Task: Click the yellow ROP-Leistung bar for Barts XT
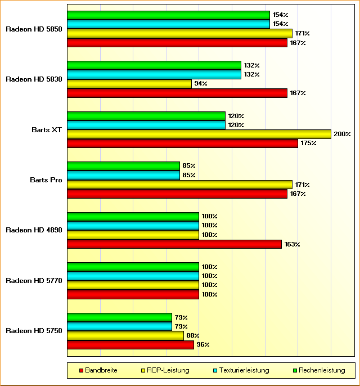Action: (x=199, y=134)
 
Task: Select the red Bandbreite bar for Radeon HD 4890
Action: (x=174, y=244)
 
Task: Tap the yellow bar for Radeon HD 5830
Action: (x=129, y=84)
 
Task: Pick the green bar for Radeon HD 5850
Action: (x=168, y=15)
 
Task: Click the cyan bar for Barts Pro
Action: (x=123, y=175)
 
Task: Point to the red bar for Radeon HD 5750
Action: (x=130, y=344)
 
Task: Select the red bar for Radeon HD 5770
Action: (x=133, y=294)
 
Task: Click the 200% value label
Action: (x=342, y=134)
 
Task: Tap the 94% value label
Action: (x=201, y=84)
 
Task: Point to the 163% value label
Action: (x=292, y=244)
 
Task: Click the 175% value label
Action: (x=308, y=143)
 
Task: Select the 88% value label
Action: (x=193, y=335)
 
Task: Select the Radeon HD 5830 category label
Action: (x=34, y=79)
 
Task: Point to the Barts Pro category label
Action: (x=46, y=179)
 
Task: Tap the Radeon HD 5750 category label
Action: (x=34, y=330)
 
